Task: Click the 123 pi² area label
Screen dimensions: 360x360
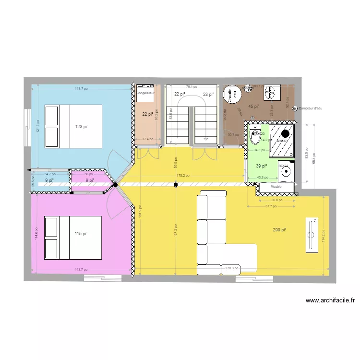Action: click(x=82, y=127)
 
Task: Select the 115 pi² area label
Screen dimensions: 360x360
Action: click(x=81, y=234)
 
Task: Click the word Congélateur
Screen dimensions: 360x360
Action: click(x=145, y=93)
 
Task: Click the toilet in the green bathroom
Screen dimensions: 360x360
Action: click(x=255, y=135)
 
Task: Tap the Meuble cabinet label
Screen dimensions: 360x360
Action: click(x=276, y=186)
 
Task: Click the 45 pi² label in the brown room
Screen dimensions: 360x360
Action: click(x=253, y=107)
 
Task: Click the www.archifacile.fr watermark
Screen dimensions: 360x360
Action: click(x=330, y=301)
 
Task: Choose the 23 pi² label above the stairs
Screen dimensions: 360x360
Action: click(x=208, y=95)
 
